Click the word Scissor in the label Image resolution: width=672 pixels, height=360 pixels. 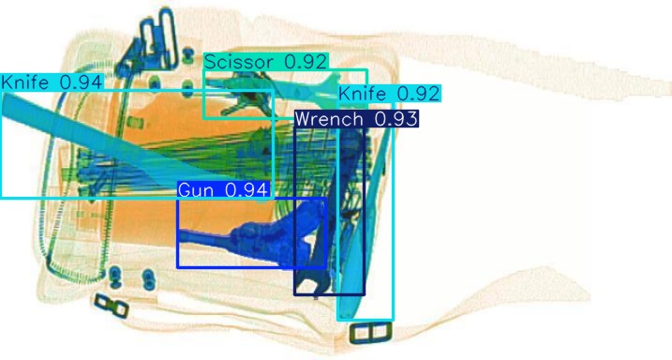pyautogui.click(x=239, y=62)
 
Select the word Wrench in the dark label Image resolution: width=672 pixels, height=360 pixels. pyautogui.click(x=328, y=119)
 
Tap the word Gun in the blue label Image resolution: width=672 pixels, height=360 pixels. pyautogui.click(x=196, y=190)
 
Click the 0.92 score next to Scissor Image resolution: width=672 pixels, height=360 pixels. pyautogui.click(x=306, y=62)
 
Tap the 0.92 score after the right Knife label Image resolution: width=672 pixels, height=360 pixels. pyautogui.click(x=418, y=94)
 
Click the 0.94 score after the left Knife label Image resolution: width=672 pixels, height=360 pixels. pyautogui.click(x=81, y=82)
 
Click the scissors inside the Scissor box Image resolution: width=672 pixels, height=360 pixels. pyautogui.click(x=246, y=96)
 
